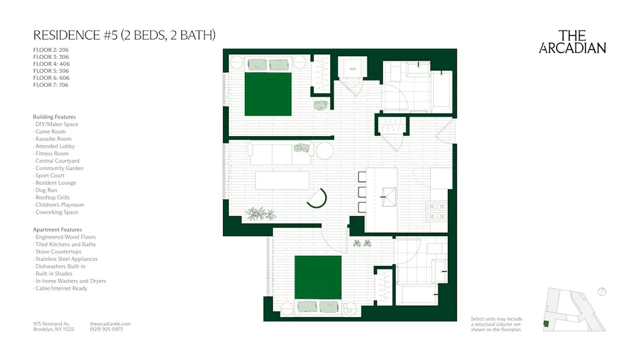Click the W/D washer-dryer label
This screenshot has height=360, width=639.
pyautogui.click(x=352, y=68)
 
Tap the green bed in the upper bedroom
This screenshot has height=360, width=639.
pyautogui.click(x=268, y=94)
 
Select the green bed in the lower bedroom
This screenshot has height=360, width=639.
pyautogui.click(x=318, y=277)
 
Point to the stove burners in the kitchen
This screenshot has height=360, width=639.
pyautogui.click(x=438, y=212)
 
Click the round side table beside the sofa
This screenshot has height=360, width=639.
pyautogui.click(x=325, y=152)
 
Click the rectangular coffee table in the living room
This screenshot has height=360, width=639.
pyautogui.click(x=282, y=180)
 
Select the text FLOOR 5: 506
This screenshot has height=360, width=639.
pyautogui.click(x=50, y=71)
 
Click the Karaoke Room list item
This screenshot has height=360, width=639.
pyautogui.click(x=53, y=139)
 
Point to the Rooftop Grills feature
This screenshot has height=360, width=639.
pyautogui.click(x=52, y=198)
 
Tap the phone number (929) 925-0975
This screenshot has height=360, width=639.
pyautogui.click(x=107, y=329)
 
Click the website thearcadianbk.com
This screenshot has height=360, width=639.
pyautogui.click(x=111, y=324)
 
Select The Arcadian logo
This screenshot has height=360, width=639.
pyautogui.click(x=573, y=42)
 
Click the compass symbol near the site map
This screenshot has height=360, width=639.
pyautogui.click(x=601, y=292)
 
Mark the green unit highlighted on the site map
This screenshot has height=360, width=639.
pyautogui.click(x=546, y=324)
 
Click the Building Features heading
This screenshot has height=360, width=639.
pyautogui.click(x=54, y=117)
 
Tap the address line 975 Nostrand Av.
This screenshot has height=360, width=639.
pyautogui.click(x=51, y=324)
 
